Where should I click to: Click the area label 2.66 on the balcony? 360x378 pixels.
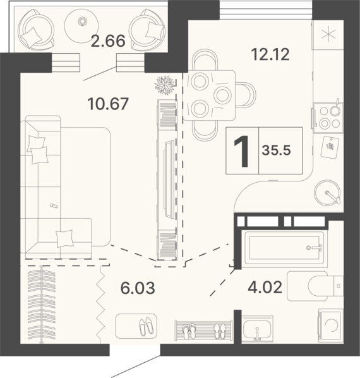click(x=108, y=40)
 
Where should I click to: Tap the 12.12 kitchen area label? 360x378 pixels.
click(x=270, y=54)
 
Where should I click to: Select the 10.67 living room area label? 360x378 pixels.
click(x=108, y=104)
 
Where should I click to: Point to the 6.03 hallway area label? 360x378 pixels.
click(x=138, y=288)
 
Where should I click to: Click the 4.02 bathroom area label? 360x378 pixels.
click(x=265, y=288)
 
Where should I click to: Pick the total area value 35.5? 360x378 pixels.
click(x=277, y=150)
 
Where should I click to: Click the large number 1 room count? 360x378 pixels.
click(x=242, y=151)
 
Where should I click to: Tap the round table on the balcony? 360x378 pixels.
click(x=81, y=25)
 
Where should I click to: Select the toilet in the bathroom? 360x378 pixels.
click(x=315, y=286)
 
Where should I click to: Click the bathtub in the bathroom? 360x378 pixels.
click(x=285, y=249)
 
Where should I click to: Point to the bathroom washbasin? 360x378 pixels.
click(x=257, y=329)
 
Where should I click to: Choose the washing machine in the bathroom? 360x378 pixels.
click(x=331, y=325)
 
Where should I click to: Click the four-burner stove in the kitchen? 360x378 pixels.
click(x=328, y=118)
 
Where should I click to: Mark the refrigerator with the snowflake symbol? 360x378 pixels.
click(x=328, y=35)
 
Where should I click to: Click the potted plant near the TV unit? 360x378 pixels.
click(x=165, y=85)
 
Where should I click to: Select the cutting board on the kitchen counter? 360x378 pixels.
click(x=330, y=147)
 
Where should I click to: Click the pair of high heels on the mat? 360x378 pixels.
click(x=146, y=326)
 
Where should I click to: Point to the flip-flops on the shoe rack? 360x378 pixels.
click(x=189, y=331)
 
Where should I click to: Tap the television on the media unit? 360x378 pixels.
click(x=169, y=180)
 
